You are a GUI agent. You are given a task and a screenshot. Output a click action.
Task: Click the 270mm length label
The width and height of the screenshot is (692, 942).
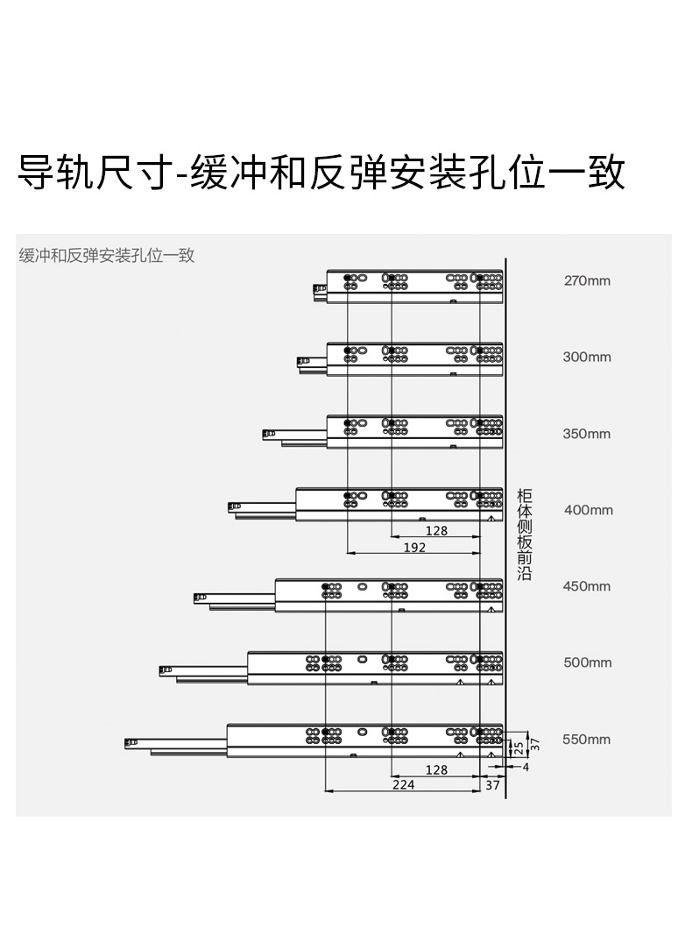(587, 280)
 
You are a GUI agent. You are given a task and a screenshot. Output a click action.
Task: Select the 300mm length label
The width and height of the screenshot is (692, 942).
(587, 357)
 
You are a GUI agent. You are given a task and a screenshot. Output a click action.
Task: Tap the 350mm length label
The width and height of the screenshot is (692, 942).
(587, 434)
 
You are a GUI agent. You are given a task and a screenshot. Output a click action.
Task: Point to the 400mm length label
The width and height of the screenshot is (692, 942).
(589, 510)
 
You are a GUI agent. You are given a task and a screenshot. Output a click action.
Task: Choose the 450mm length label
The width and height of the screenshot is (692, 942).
(587, 586)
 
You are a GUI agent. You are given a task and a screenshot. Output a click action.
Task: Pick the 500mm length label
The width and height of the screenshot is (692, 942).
(588, 662)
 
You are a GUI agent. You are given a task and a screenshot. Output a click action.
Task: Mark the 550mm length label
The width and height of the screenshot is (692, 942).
(586, 740)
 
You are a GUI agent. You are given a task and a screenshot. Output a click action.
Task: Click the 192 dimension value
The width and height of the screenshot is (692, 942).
(414, 548)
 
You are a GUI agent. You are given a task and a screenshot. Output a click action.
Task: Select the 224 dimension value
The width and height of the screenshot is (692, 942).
(404, 784)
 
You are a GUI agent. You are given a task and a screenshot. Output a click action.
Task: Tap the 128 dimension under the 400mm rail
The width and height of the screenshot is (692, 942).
(437, 531)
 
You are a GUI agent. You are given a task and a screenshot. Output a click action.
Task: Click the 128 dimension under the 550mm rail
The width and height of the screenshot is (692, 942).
(437, 770)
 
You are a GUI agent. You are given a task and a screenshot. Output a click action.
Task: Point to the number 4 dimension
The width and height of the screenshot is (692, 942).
(526, 767)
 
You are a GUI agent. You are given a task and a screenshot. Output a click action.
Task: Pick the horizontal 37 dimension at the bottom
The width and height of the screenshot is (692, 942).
(492, 785)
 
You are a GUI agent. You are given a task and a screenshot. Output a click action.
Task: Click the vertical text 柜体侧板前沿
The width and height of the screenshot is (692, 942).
(525, 535)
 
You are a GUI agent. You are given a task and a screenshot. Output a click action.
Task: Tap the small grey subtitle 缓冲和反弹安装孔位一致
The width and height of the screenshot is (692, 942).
(107, 255)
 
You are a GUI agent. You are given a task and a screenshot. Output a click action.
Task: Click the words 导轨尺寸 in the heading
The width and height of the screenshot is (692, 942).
(93, 173)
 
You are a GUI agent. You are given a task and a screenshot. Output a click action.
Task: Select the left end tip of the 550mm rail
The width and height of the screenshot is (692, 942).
(125, 744)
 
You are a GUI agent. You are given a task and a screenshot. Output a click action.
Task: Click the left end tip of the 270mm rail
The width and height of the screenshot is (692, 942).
(314, 291)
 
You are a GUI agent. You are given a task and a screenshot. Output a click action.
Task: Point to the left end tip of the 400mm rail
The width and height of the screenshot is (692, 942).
(229, 507)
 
